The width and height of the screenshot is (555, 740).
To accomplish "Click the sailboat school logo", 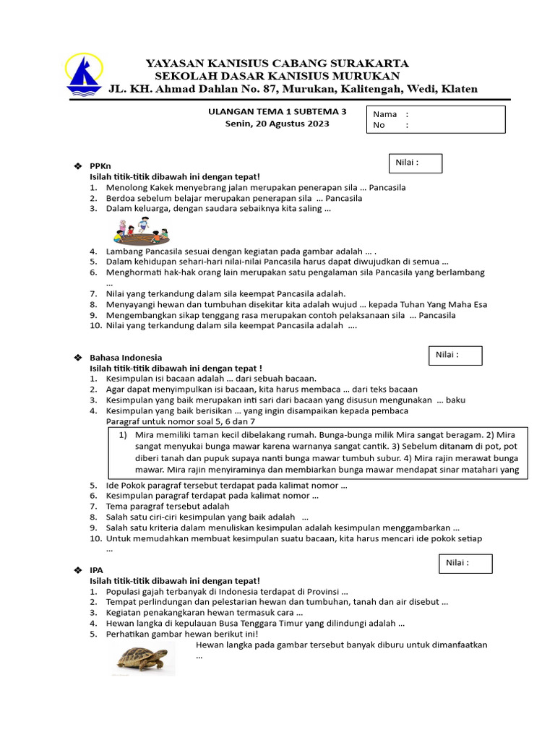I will tap(84, 74).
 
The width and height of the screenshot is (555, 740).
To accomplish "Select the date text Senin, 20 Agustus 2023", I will tap(277, 124).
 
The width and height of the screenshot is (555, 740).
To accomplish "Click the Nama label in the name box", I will tap(384, 114).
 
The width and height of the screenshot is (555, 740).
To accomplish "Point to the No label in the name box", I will tap(379, 125).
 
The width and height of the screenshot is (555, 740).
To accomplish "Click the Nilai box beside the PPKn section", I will tap(416, 163).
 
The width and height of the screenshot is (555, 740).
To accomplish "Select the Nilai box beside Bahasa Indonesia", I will tap(455, 355).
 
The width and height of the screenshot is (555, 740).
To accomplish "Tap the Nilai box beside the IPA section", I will tap(465, 564).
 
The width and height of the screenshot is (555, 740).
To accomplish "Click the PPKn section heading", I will tap(100, 166).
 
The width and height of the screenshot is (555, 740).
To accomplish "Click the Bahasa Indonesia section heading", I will tap(125, 358).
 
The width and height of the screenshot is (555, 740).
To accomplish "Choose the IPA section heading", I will tap(96, 570).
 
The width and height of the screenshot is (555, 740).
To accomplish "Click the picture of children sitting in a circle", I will tap(142, 230).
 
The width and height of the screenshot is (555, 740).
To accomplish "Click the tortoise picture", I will tap(142, 658).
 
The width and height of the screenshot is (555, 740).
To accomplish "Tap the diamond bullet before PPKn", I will tap(78, 166).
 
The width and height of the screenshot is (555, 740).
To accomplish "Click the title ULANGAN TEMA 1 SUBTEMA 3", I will tap(277, 112).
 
